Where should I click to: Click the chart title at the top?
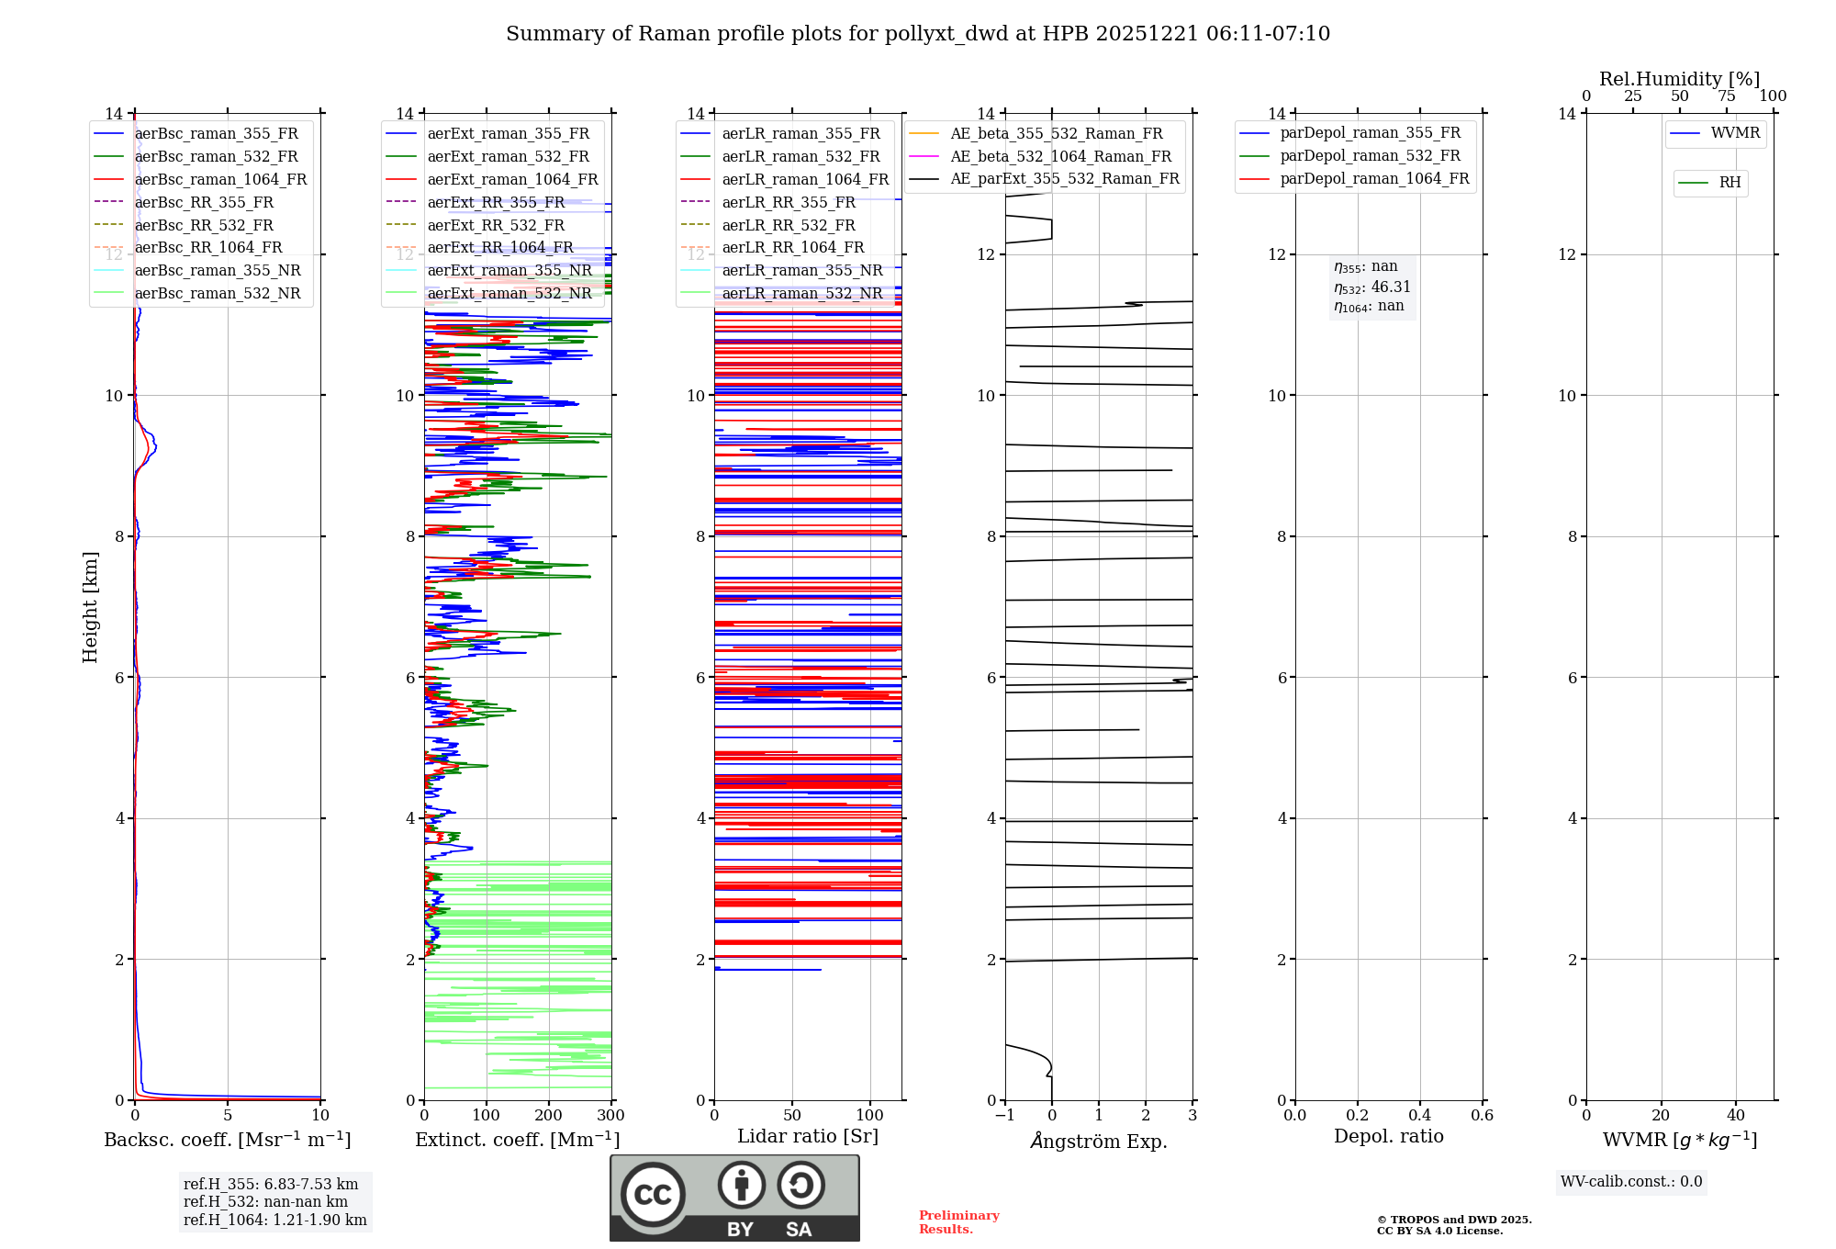pos(917,34)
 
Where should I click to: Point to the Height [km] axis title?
pos(90,607)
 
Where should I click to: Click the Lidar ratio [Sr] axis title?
pos(808,1136)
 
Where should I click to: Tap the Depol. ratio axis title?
pos(1388,1136)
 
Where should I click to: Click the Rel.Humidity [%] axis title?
pos(1679,79)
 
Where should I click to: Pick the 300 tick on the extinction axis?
pos(610,1116)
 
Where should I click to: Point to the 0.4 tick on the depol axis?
pos(1419,1116)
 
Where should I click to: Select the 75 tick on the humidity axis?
pos(1726,96)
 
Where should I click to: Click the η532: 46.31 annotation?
pos(1371,287)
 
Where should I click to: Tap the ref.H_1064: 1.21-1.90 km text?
pos(274,1220)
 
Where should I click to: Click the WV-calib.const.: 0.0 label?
pos(1630,1182)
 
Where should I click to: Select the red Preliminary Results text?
pos(958,1221)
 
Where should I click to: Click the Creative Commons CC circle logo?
pos(653,1194)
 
